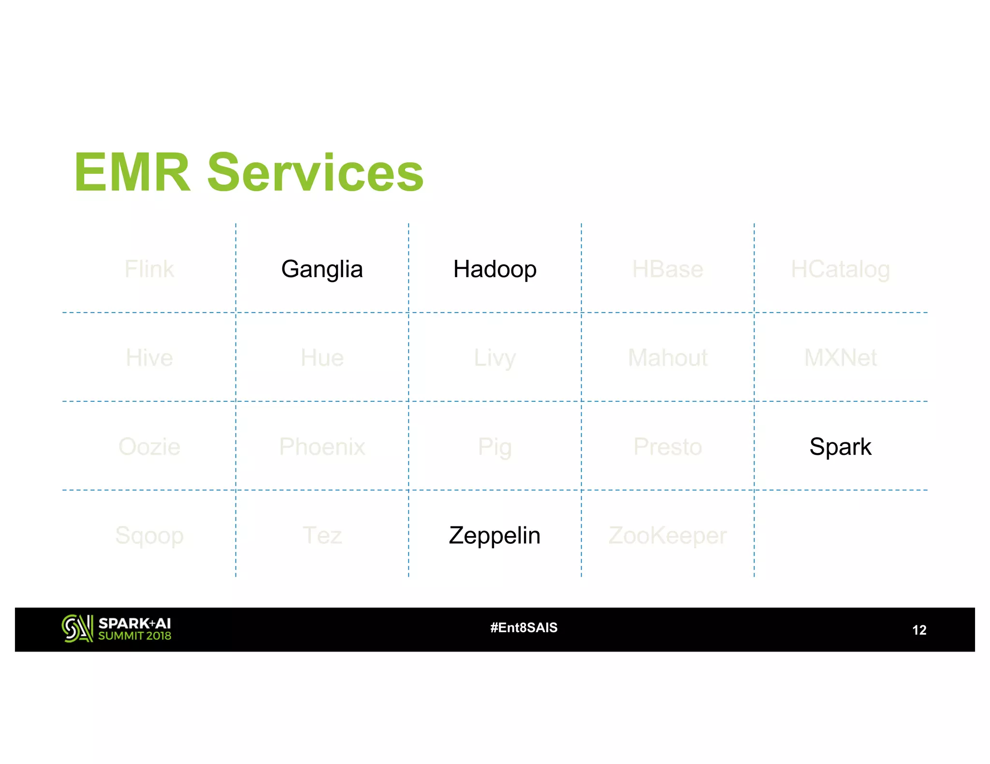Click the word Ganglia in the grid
pos(322,269)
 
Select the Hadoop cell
pos(495,269)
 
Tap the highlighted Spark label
pos(840,446)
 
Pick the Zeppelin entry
pos(495,535)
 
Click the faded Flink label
pos(149,269)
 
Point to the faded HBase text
pos(668,269)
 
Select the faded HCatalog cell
pos(840,269)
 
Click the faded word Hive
pos(149,358)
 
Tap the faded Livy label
pos(495,358)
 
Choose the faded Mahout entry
pos(668,358)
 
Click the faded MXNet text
pos(840,358)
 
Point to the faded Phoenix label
pos(322,446)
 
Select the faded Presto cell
pos(668,446)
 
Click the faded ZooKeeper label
pos(668,535)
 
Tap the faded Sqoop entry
pos(149,535)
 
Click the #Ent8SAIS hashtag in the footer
pos(524,627)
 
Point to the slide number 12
pos(919,630)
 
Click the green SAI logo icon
pos(77,628)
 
